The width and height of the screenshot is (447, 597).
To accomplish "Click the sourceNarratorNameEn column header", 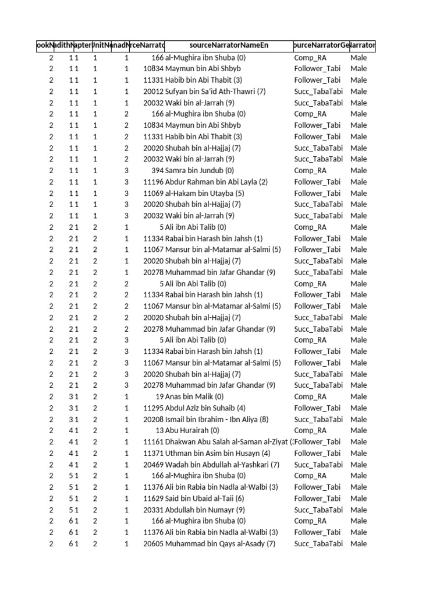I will point(229,45).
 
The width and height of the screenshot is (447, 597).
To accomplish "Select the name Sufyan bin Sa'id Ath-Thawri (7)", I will point(215,92).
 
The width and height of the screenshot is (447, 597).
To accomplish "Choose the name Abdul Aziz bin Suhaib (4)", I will point(205,408).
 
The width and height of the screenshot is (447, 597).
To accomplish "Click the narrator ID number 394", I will point(157,171).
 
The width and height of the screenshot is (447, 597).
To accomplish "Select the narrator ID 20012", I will point(153,92).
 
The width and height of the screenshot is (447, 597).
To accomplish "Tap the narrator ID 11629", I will point(153,498).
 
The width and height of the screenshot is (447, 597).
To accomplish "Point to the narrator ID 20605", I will point(153,544).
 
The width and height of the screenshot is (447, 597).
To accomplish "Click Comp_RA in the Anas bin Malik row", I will point(310,396).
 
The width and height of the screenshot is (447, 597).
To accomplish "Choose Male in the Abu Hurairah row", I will point(359,430).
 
